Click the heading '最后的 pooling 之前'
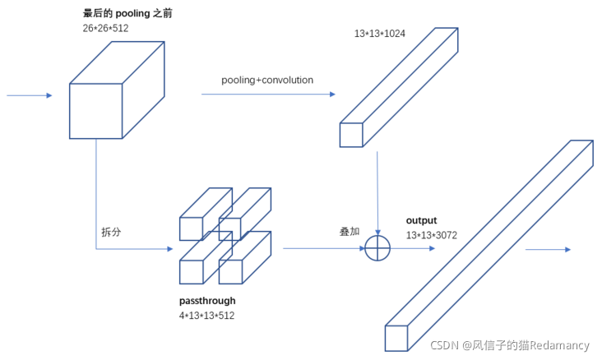127,13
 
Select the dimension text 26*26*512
105,28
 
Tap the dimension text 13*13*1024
380,34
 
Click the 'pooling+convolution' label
267,80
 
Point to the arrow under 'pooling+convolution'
268,94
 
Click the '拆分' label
111,232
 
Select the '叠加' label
350,232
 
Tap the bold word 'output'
422,220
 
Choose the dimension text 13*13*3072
432,235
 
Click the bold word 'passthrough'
207,301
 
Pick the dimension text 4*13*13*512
206,316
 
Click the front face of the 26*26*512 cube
96,111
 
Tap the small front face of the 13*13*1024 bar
351,135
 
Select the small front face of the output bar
396,339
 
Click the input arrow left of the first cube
30,95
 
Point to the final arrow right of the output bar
549,250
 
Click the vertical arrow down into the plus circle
377,193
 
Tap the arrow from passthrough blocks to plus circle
324,248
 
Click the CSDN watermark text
510,345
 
